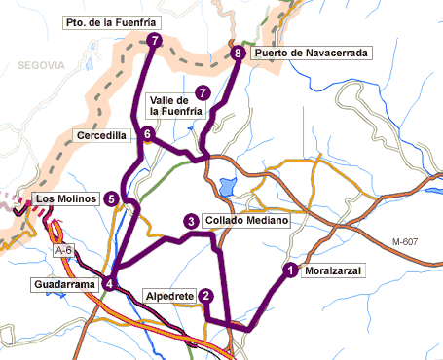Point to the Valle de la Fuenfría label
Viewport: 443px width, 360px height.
point(175,106)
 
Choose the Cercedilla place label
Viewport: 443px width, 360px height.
point(102,136)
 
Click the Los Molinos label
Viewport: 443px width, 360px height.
point(65,199)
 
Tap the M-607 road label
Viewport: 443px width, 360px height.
point(409,241)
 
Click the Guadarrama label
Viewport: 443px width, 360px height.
point(63,284)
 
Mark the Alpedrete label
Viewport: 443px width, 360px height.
point(168,295)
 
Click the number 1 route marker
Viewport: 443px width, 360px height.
point(289,270)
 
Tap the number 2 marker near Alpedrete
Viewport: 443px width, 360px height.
point(205,296)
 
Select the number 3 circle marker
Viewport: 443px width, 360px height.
point(191,221)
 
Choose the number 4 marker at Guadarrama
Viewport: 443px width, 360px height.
point(111,284)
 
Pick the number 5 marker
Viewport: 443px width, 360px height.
point(112,199)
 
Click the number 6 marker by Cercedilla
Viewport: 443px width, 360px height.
point(147,134)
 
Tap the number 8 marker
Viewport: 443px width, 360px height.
point(239,54)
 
